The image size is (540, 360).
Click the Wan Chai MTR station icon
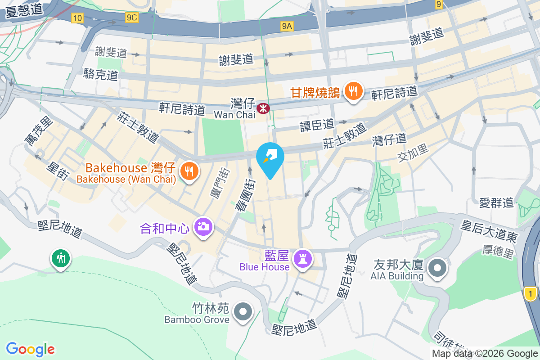click(262, 108)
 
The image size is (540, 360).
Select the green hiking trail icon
click(60, 259)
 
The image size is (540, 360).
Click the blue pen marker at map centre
click(270, 158)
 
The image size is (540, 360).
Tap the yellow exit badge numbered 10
click(77, 18)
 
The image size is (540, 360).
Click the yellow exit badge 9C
click(132, 18)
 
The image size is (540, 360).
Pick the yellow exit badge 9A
click(287, 27)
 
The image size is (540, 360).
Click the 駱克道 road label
click(101, 74)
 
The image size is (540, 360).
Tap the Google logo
click(31, 349)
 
